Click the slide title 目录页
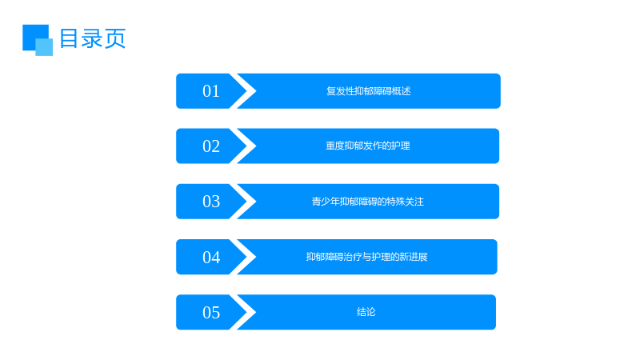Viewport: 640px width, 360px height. (93, 38)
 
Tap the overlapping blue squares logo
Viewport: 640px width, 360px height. (38, 40)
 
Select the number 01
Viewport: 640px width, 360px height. (211, 91)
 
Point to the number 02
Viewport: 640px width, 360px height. (211, 146)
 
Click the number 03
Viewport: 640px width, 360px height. (211, 202)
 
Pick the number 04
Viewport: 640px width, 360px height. (211, 257)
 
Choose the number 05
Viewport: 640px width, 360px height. (211, 312)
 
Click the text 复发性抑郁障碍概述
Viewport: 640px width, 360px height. (369, 91)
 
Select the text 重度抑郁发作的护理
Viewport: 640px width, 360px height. (368, 146)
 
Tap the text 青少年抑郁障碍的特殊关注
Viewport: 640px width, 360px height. (368, 202)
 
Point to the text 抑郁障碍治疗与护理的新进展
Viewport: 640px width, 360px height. (367, 257)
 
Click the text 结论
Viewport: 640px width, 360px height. (366, 312)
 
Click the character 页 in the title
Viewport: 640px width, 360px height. (115, 38)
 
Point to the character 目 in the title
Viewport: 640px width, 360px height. (69, 38)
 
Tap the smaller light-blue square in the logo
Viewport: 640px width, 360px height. (44, 47)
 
